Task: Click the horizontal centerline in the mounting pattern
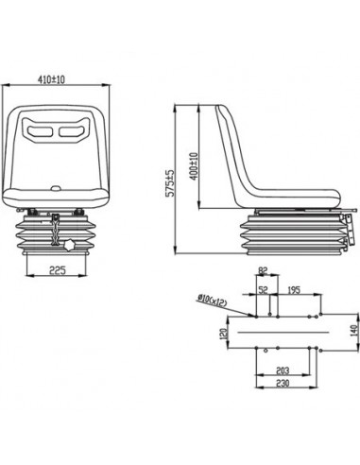click(x=283, y=332)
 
